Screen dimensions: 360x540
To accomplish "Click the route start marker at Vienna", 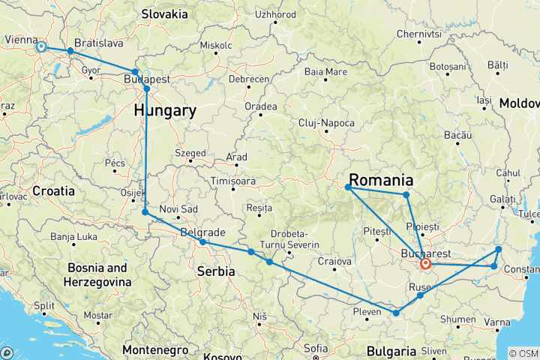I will point(41,47).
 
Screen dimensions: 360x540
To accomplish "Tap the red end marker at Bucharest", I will point(425,263).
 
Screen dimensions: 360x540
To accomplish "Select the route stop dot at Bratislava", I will point(70,51).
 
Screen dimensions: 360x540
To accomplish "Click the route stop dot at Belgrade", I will point(202,242).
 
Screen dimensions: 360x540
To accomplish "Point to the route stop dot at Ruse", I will point(420,295).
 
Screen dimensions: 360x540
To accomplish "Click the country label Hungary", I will point(165,111).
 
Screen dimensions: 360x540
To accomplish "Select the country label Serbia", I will point(216,271).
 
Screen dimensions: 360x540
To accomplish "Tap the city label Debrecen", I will point(249,78).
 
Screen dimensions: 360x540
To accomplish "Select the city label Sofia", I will point(316,347).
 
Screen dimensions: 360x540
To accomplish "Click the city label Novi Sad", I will point(178,209).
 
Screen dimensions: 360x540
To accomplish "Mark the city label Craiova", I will point(334,261).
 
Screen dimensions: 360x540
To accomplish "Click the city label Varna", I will point(496,322).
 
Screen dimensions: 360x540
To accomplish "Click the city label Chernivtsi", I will point(416,34).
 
